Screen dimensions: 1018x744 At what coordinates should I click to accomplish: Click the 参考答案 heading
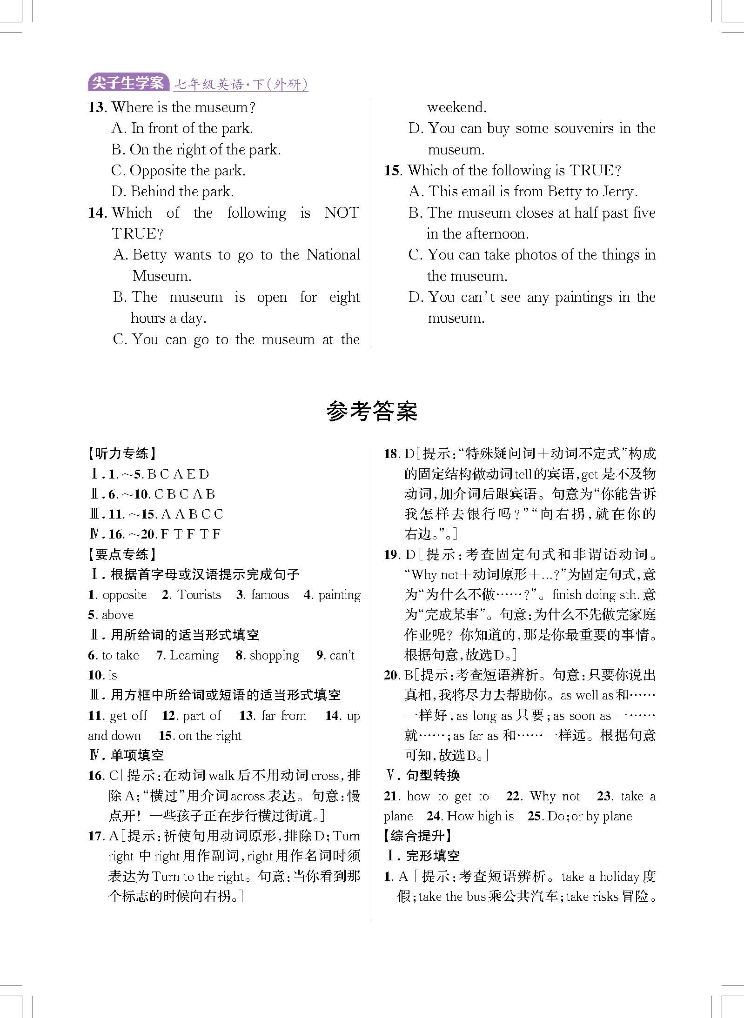[x=372, y=411]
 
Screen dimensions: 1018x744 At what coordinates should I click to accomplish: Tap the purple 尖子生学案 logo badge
[x=128, y=83]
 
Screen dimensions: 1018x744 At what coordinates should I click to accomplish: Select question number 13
[x=98, y=107]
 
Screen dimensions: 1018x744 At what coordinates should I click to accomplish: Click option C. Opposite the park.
[x=178, y=171]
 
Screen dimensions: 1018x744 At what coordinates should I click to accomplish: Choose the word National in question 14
[x=333, y=255]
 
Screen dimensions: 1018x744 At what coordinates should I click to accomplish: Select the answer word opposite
[x=125, y=595]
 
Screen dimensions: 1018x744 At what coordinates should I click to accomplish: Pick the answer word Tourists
[x=199, y=595]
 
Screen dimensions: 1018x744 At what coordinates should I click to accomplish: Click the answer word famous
[x=270, y=595]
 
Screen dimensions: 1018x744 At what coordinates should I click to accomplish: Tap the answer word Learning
[x=194, y=655]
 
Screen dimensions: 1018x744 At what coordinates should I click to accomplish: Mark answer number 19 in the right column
[x=392, y=554]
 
